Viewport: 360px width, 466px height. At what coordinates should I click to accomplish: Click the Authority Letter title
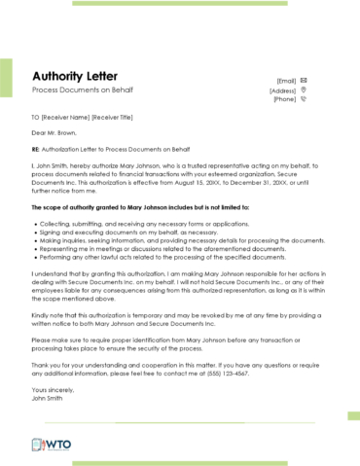75,76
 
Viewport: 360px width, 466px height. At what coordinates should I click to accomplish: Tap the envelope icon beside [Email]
305,80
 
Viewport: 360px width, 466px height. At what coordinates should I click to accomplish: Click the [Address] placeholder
282,90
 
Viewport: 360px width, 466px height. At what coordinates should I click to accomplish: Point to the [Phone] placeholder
284,99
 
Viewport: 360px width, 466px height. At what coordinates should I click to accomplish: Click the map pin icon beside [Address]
304,90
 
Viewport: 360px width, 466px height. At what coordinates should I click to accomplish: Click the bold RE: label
36,150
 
